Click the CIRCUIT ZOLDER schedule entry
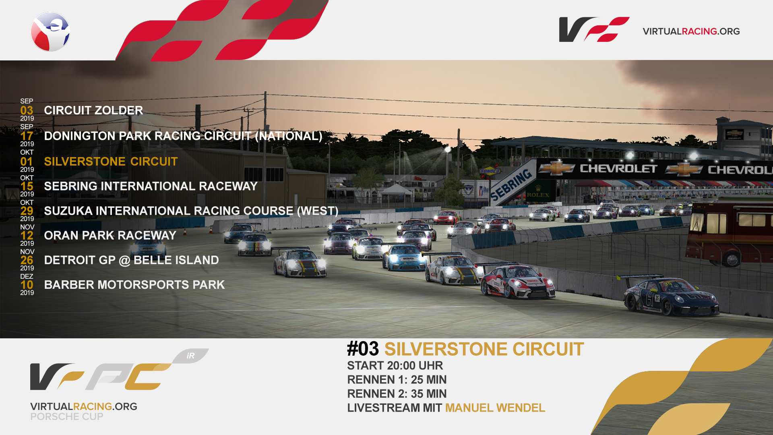pos(93,110)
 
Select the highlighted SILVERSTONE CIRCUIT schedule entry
pos(111,162)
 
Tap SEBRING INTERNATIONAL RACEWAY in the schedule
pos(151,186)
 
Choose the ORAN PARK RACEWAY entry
pos(110,235)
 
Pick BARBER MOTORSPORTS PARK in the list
pos(134,285)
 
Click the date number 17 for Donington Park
pos(27,136)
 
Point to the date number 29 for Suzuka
pos(27,211)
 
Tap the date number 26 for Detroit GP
pos(27,260)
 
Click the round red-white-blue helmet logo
pos(50,31)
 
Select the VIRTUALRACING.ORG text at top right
pos(691,31)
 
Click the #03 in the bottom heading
pos(363,349)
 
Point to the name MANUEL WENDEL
pos(495,408)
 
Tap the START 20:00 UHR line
pos(395,366)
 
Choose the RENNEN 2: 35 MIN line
pos(397,394)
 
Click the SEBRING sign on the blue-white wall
pos(511,185)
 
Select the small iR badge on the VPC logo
pos(190,356)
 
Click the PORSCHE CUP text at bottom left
pos(67,417)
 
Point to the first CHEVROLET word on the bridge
pos(618,168)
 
